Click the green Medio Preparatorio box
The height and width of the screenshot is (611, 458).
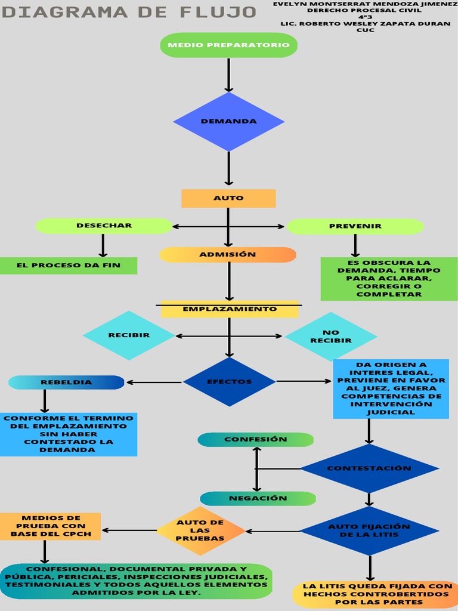pyautogui.click(x=229, y=45)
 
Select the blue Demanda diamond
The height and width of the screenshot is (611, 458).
pyautogui.click(x=229, y=121)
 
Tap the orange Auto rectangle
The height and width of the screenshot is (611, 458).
pyautogui.click(x=228, y=198)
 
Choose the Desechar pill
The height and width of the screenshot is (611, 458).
pyautogui.click(x=104, y=226)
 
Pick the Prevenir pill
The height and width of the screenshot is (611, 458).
pyautogui.click(x=355, y=226)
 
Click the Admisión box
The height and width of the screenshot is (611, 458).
pyautogui.click(x=228, y=255)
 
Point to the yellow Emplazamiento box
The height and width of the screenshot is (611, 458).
pyautogui.click(x=230, y=309)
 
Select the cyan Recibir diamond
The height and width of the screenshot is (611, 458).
pyautogui.click(x=129, y=335)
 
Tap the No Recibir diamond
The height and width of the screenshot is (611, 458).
pyautogui.click(x=330, y=337)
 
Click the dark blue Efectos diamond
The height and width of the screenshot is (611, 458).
pyautogui.click(x=229, y=382)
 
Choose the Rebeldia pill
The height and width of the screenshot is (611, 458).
pyautogui.click(x=66, y=382)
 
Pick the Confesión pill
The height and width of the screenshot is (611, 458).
pyautogui.click(x=256, y=440)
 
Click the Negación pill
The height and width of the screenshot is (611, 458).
pyautogui.click(x=258, y=498)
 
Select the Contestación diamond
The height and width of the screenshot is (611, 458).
pyautogui.click(x=369, y=468)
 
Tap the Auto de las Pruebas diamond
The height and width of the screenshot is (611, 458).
pyautogui.click(x=200, y=530)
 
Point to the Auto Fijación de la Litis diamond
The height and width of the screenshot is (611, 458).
pyautogui.click(x=369, y=530)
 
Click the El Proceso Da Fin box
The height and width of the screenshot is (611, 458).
pyautogui.click(x=68, y=266)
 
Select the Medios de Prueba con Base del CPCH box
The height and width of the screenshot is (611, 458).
pyautogui.click(x=51, y=526)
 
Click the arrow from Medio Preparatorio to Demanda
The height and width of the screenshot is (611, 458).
pyautogui.click(x=229, y=75)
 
